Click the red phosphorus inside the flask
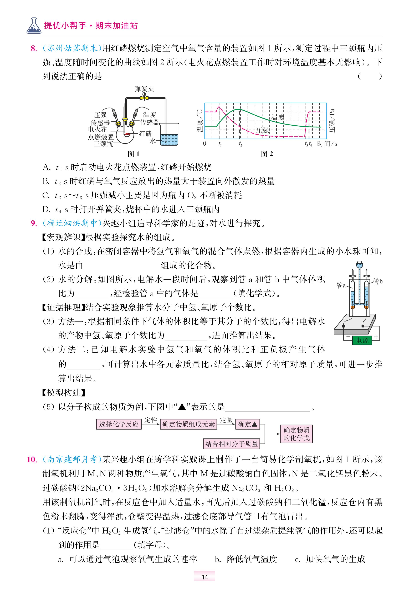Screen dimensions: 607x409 [127, 134]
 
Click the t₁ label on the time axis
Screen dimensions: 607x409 [220, 144]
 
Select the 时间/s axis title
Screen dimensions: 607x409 [327, 144]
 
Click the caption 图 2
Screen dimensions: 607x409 [267, 154]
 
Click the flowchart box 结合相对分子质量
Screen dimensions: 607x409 [231, 444]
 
